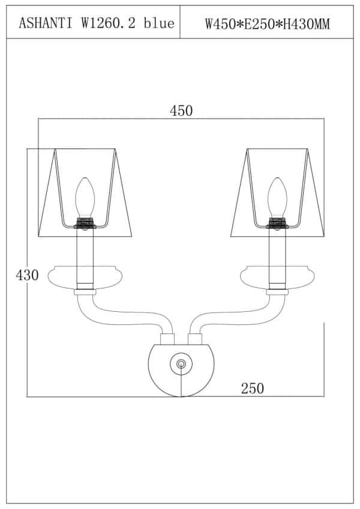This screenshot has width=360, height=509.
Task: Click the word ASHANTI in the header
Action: [46, 23]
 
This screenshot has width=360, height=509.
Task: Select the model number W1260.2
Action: [108, 23]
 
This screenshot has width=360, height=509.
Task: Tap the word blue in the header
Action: [159, 23]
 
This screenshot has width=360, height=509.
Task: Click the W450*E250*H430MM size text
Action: [268, 24]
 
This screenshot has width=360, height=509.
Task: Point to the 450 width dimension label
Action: [181, 111]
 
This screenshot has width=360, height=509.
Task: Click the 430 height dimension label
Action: [27, 275]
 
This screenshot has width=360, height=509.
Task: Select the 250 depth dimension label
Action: [253, 388]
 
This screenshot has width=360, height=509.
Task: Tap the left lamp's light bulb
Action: [85, 197]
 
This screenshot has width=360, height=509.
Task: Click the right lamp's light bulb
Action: [277, 197]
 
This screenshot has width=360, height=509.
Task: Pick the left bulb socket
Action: [85, 224]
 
